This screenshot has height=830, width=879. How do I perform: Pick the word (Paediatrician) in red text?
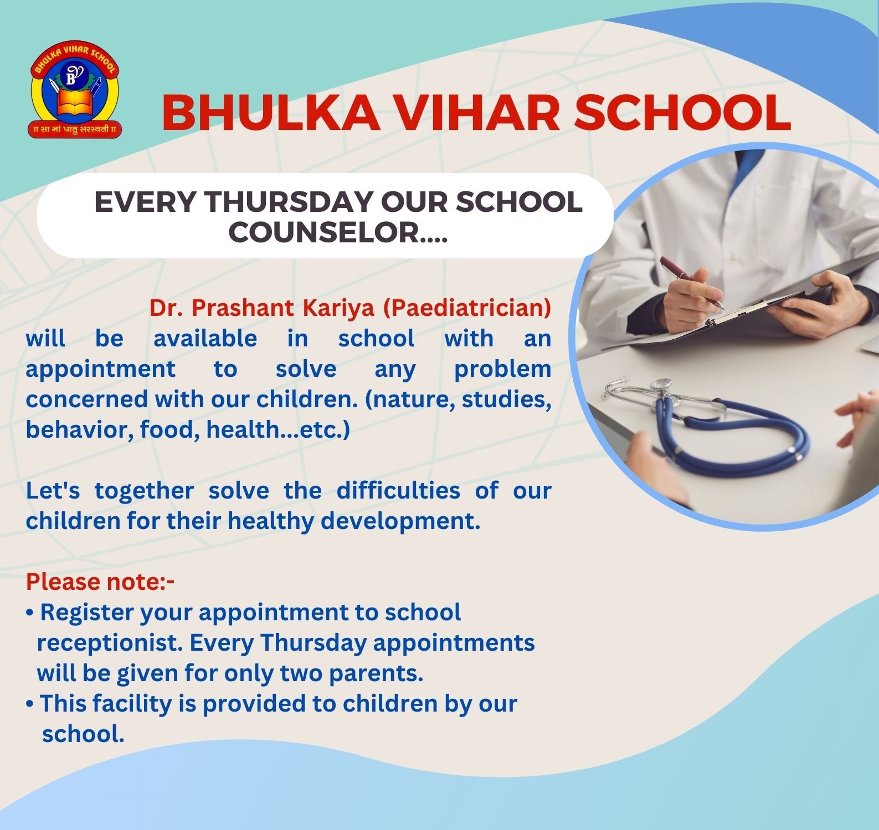tap(467, 309)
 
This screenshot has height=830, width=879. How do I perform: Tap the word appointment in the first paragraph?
tap(100, 369)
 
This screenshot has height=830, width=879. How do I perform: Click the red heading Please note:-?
tap(100, 582)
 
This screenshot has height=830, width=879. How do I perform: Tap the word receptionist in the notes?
tap(110, 643)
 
